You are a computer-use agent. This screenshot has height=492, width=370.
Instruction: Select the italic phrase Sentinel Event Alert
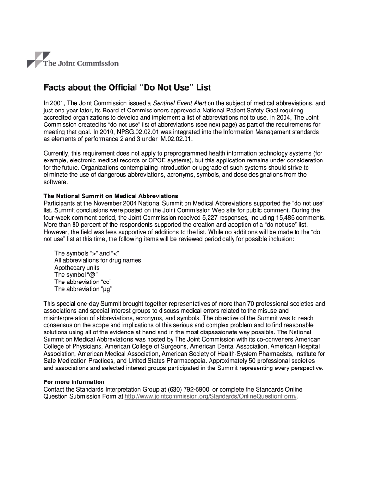click(x=180, y=103)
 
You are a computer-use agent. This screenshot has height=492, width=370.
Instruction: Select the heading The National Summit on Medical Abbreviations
click(x=111, y=196)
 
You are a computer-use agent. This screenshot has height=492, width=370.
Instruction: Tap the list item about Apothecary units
click(x=77, y=268)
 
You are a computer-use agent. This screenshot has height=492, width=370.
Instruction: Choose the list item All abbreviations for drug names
click(x=98, y=260)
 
